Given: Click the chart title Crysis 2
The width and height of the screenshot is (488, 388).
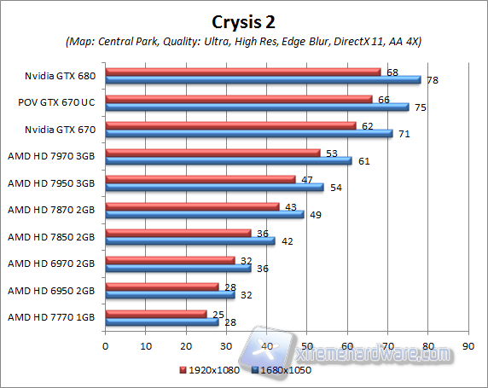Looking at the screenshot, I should click(244, 20).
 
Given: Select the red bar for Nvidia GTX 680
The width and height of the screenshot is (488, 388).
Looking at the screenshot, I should click(243, 72).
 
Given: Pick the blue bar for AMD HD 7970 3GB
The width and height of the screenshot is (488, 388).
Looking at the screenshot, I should click(228, 160).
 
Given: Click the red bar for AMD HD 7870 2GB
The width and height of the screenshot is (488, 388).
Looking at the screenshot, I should click(192, 206).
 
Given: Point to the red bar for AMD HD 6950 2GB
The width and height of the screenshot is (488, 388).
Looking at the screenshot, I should click(162, 287).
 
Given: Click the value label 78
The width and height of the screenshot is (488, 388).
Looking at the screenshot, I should click(434, 81).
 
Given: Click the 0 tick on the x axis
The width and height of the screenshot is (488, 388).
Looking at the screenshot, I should click(105, 346).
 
